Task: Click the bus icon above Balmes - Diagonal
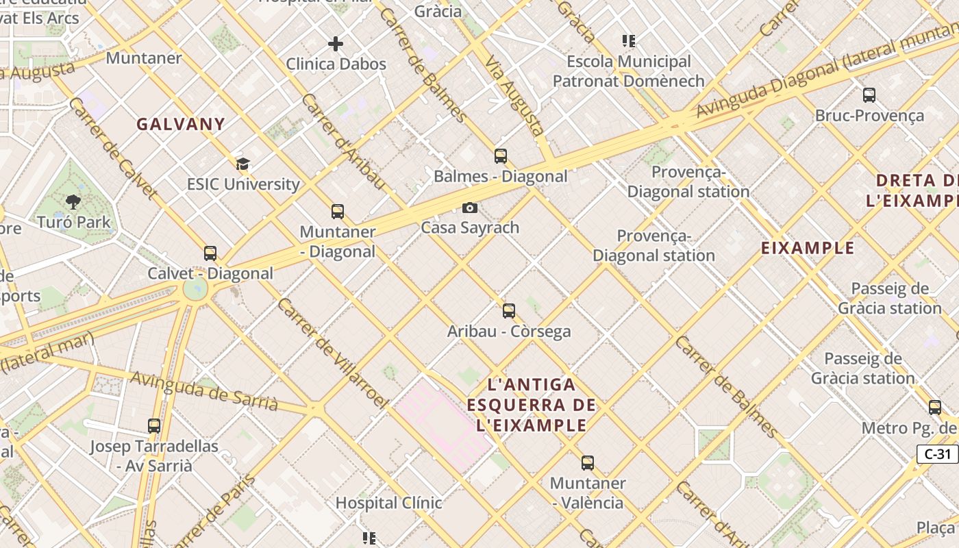click(501, 156)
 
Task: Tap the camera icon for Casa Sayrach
click(470, 208)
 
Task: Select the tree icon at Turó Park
click(73, 202)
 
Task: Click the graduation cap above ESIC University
click(243, 164)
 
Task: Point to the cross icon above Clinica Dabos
click(336, 45)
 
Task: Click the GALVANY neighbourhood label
click(181, 124)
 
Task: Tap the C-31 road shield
click(937, 453)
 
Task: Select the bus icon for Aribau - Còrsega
click(509, 311)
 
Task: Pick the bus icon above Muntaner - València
click(588, 463)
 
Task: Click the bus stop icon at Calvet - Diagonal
click(210, 253)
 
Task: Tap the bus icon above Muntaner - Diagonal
click(338, 212)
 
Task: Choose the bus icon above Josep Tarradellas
click(154, 426)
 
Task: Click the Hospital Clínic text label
click(388, 503)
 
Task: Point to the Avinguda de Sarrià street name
click(204, 391)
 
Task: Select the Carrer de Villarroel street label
click(332, 353)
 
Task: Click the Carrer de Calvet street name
click(113, 148)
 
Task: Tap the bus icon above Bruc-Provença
click(869, 95)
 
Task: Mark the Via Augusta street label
click(515, 95)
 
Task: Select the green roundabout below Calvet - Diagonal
click(195, 288)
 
